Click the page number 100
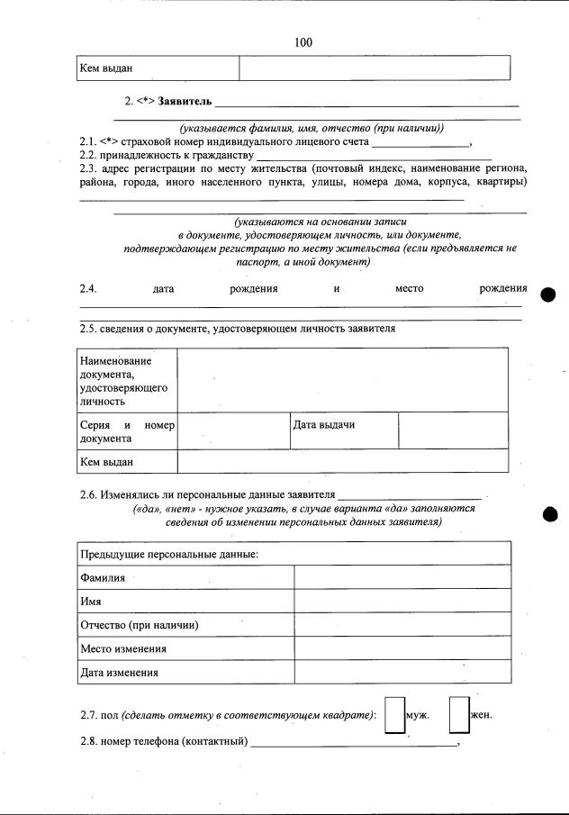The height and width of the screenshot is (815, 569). click(x=303, y=42)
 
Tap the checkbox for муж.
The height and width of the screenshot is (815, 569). click(x=393, y=715)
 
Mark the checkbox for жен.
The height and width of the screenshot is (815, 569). click(x=458, y=715)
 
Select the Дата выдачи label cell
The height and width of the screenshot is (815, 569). click(x=343, y=430)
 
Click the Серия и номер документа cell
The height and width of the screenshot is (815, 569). click(x=126, y=430)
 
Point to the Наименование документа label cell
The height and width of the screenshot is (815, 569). click(x=126, y=380)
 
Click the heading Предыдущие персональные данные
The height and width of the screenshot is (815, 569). click(x=169, y=554)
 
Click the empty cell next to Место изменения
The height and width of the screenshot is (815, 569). click(x=402, y=648)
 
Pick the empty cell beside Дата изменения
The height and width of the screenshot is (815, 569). click(x=402, y=672)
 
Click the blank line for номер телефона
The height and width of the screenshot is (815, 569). click(x=354, y=743)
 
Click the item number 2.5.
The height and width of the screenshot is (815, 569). click(x=88, y=330)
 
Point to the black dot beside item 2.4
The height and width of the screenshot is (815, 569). click(x=551, y=296)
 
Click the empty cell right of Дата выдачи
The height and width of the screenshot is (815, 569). click(x=453, y=430)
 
